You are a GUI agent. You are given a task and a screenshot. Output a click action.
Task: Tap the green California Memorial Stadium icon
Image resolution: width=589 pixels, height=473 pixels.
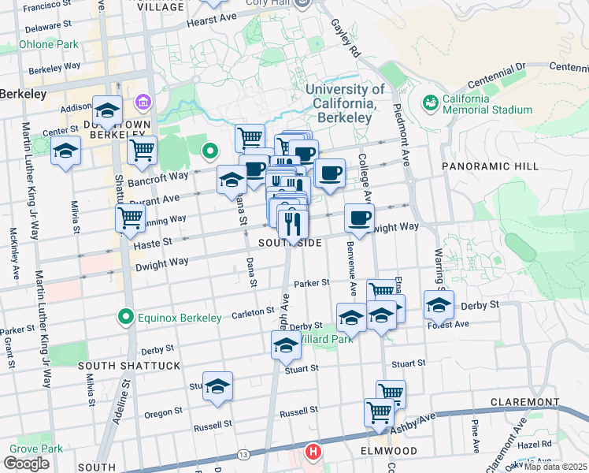pos(430,102)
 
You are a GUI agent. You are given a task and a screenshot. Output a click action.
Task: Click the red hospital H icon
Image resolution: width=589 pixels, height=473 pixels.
pos(313,453)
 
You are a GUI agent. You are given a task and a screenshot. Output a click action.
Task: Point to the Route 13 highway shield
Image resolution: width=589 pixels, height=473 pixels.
pos(243,455)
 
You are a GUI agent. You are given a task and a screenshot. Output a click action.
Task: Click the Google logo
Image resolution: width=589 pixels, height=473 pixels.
pos(26,464)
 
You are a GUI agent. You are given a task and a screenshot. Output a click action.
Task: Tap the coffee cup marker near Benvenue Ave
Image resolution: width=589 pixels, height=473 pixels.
pos(359,218)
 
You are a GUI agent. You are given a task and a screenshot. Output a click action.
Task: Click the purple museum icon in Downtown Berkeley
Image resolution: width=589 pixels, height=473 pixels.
pos(143,102)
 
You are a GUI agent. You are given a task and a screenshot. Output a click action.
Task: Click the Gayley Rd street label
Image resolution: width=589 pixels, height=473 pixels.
pos(344,37)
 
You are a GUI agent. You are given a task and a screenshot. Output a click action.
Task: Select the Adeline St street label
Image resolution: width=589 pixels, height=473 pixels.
pos(121,402)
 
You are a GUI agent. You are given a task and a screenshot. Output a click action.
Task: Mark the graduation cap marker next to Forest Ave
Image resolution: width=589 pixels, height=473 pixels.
pos(439,304)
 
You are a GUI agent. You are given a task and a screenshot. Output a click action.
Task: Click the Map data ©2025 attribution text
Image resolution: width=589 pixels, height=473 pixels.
pos(555,467)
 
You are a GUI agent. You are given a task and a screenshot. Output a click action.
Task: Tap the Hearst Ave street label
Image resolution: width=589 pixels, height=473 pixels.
pos(211,19)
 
